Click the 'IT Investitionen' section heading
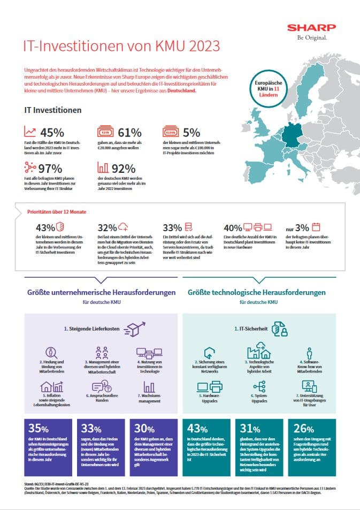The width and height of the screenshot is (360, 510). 53,110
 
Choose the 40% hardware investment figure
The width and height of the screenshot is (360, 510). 233,227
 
